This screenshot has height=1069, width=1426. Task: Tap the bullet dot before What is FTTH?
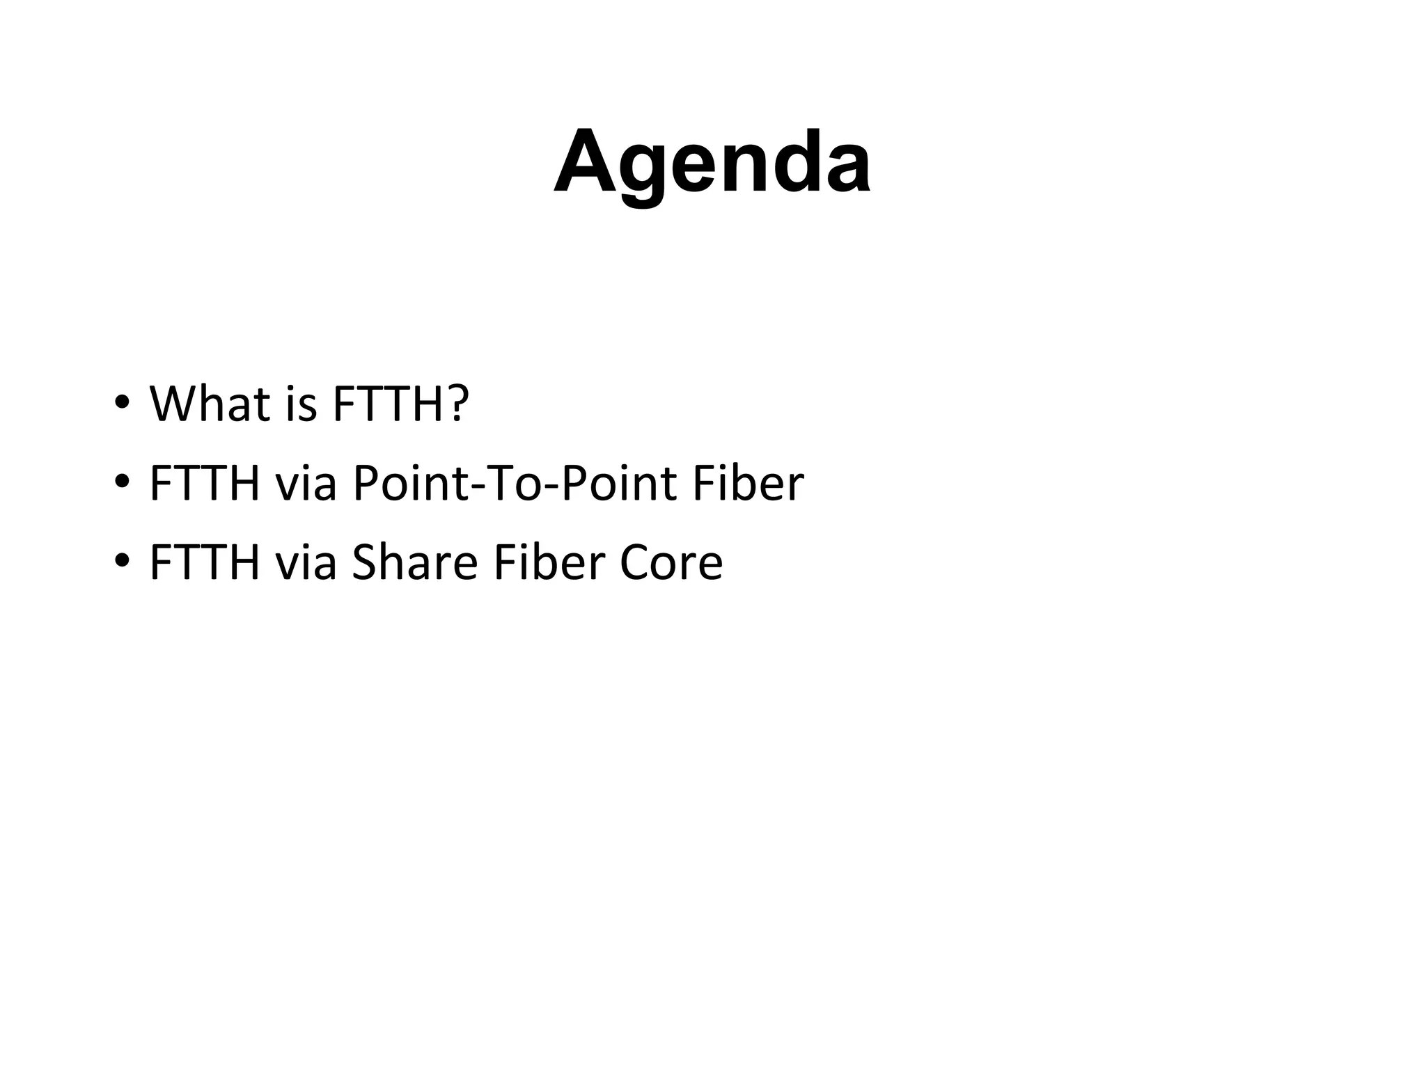pos(120,404)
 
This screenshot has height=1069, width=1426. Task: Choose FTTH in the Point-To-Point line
pos(205,483)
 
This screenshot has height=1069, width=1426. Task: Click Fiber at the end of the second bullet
pos(748,483)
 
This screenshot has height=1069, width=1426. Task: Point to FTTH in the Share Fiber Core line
pos(205,562)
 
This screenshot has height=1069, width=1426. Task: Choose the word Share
pos(414,562)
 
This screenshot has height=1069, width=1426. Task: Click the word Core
pos(671,562)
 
